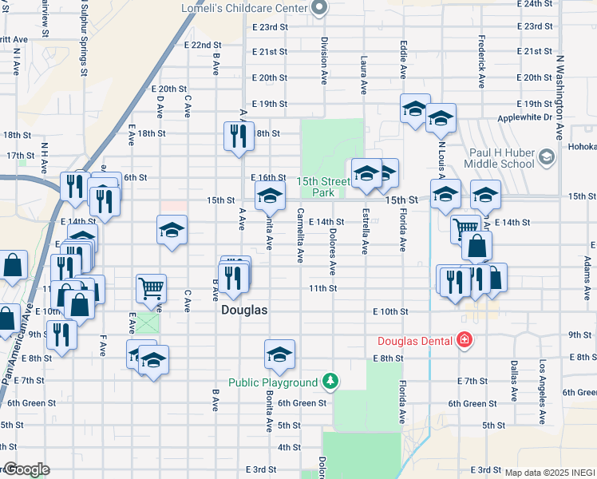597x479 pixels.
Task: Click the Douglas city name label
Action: [244, 311]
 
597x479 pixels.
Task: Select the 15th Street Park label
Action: [324, 187]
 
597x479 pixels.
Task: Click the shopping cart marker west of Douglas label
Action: [151, 287]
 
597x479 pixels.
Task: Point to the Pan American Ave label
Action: [17, 343]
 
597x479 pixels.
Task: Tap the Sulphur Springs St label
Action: [84, 38]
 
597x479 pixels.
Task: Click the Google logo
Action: [26, 469]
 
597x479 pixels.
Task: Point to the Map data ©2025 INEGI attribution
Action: [550, 473]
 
